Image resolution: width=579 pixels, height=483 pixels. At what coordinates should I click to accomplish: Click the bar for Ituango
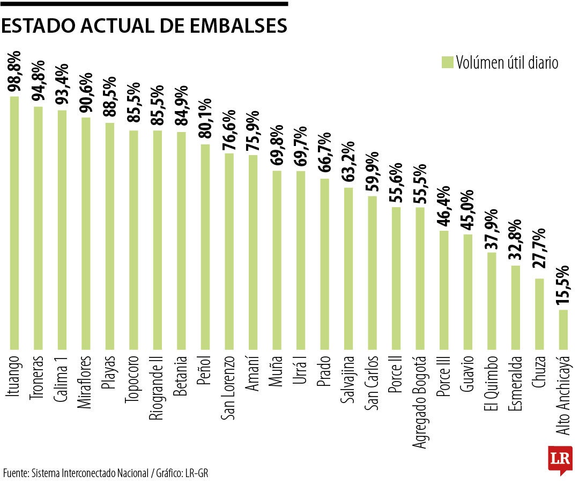pyautogui.click(x=14, y=223)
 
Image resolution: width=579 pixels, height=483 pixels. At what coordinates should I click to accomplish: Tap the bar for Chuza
pyautogui.click(x=539, y=313)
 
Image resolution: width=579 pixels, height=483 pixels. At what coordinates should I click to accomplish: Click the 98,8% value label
pyautogui.click(x=14, y=72)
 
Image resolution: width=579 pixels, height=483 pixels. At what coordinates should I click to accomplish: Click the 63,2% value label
pyautogui.click(x=349, y=163)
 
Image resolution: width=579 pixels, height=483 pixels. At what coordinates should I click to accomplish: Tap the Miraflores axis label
pyautogui.click(x=86, y=382)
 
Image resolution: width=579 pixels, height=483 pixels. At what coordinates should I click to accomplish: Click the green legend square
pyautogui.click(x=447, y=62)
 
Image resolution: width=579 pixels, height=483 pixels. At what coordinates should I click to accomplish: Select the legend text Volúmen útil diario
pyautogui.click(x=507, y=63)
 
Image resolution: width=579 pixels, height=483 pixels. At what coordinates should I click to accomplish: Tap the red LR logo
pyautogui.click(x=560, y=459)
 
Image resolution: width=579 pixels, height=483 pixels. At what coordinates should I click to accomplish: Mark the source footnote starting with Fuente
pyautogui.click(x=105, y=473)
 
